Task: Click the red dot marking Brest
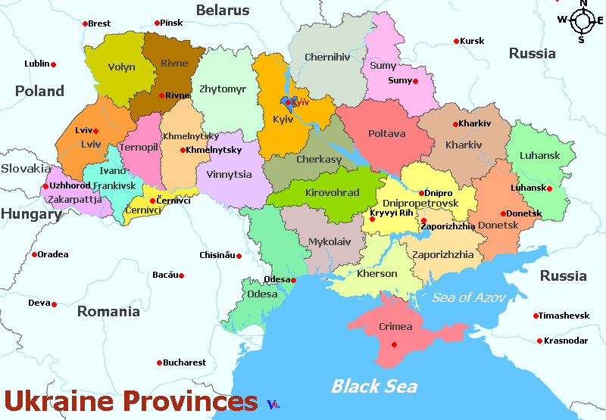tap(85, 24)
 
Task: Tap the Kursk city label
tap(472, 41)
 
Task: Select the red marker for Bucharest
tap(159, 362)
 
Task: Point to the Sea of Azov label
tap(468, 297)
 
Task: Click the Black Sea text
tap(373, 386)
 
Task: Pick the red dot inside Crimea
tap(392, 344)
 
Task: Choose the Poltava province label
tap(386, 134)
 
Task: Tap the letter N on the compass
tap(583, 4)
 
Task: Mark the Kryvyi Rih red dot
tap(371, 219)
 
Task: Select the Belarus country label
tap(223, 11)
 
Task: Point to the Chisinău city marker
tap(239, 256)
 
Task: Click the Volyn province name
tap(121, 67)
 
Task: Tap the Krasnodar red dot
tap(539, 341)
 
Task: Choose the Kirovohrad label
tap(332, 193)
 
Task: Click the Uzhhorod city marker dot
tap(45, 186)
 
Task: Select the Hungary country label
tap(30, 214)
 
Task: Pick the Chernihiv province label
tap(327, 57)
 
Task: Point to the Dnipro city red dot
tap(417, 193)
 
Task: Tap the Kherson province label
tap(376, 274)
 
